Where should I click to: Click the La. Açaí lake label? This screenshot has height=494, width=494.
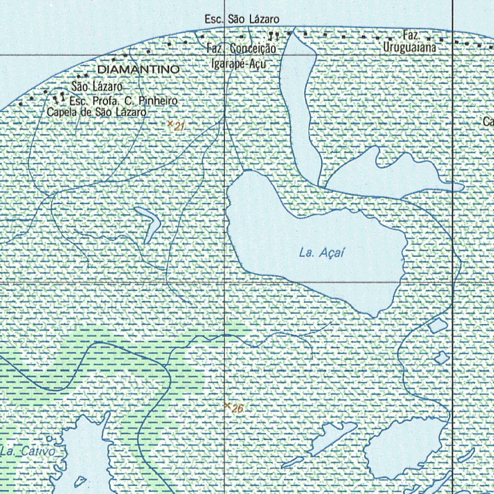click(x=321, y=252)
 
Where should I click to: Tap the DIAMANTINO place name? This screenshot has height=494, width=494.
click(x=138, y=69)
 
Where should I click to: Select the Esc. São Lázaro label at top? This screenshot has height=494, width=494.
click(x=242, y=19)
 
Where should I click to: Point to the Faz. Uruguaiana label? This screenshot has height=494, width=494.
click(x=410, y=42)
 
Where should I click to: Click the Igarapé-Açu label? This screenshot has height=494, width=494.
click(x=238, y=64)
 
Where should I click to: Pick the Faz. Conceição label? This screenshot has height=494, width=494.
click(x=241, y=49)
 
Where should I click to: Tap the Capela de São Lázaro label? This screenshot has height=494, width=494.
click(x=96, y=112)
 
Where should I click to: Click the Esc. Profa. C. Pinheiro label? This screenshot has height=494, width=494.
click(x=124, y=101)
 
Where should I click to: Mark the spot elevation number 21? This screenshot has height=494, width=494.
click(x=180, y=127)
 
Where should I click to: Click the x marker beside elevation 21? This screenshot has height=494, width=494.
click(x=170, y=124)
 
